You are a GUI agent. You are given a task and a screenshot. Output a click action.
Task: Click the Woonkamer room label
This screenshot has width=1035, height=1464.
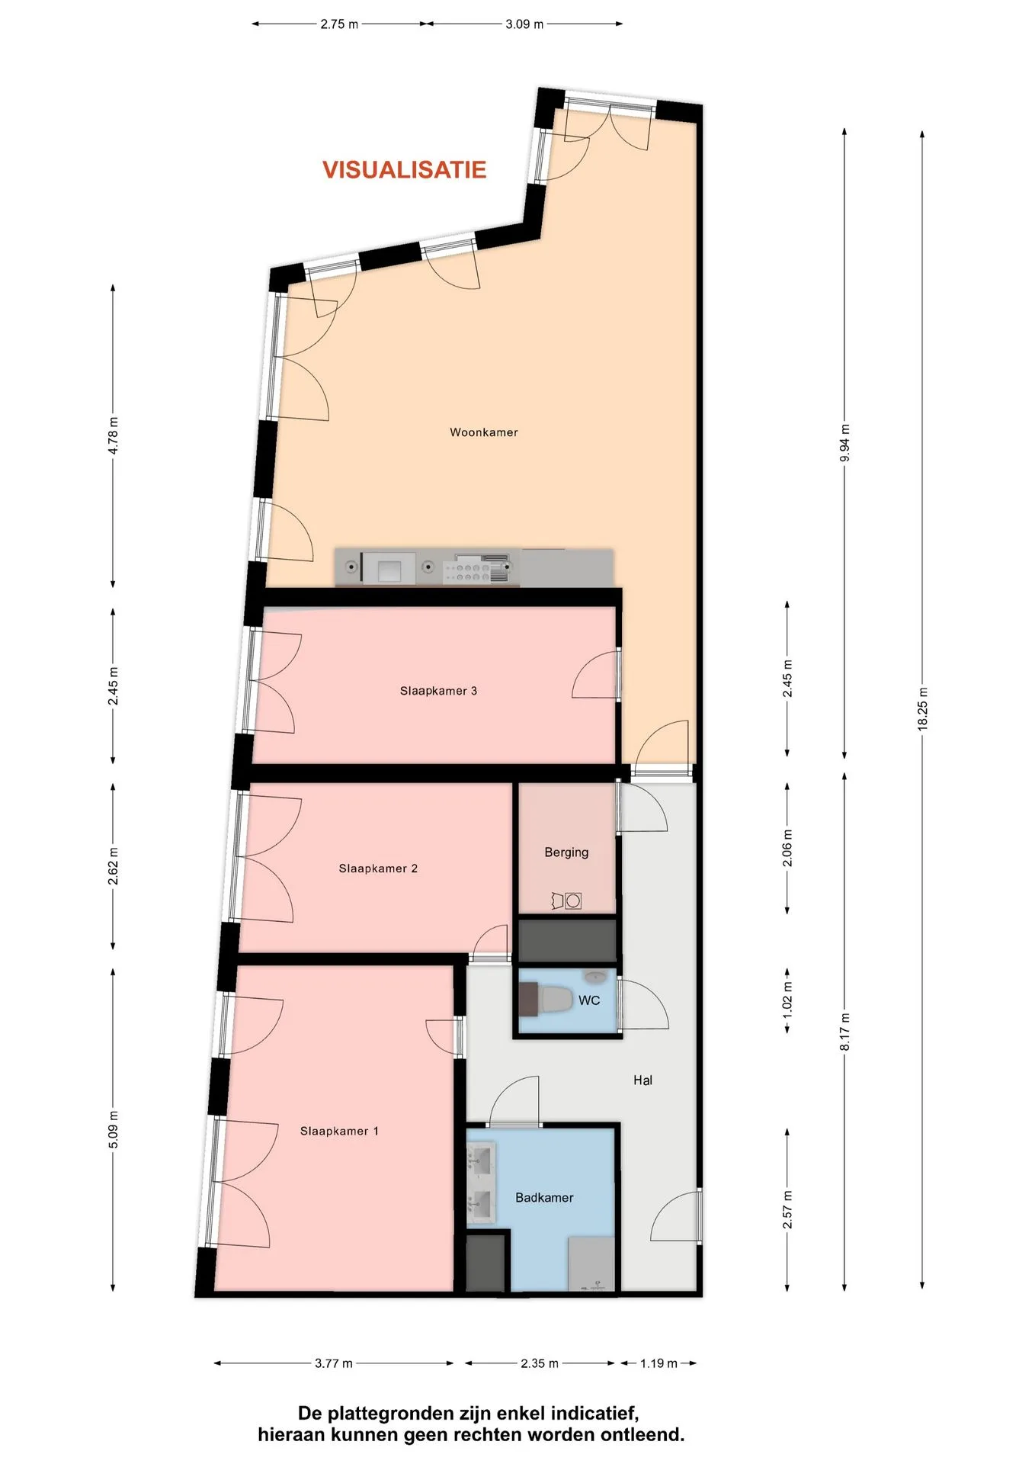[484, 432]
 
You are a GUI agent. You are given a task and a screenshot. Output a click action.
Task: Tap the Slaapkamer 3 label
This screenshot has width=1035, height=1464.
[438, 691]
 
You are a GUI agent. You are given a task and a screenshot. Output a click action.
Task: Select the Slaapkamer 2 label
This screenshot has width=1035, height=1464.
[378, 868]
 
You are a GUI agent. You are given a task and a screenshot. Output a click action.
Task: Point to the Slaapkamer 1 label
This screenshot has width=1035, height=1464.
[339, 1131]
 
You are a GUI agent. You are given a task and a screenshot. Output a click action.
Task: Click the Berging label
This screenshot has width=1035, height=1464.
[566, 852]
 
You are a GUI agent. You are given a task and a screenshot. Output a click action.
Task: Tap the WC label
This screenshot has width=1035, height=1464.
[589, 1000]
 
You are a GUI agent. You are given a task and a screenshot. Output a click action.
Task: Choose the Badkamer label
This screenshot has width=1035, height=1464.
[544, 1198]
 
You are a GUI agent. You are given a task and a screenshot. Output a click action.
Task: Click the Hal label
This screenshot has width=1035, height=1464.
[642, 1080]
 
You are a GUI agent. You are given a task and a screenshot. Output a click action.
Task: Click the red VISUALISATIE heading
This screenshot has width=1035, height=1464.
[404, 169]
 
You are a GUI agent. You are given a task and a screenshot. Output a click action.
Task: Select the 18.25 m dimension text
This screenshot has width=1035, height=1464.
[922, 709]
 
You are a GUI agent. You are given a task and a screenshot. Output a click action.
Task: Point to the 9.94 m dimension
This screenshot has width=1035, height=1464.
[844, 443]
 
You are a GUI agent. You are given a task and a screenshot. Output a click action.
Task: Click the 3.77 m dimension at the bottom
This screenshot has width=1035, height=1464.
[334, 1363]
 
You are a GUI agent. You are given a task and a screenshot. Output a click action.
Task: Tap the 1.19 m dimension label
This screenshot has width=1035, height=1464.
[658, 1363]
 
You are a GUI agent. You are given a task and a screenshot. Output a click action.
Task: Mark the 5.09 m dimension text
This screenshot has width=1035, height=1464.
[113, 1130]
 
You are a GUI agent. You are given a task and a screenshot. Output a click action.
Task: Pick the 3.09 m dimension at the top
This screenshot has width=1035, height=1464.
[524, 24]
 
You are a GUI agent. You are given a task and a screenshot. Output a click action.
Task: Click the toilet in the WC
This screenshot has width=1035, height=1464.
[556, 1000]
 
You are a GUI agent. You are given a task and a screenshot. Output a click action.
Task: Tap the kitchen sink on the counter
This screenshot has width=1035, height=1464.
[389, 568]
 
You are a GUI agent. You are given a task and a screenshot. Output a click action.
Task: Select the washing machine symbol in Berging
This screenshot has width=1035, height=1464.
[573, 901]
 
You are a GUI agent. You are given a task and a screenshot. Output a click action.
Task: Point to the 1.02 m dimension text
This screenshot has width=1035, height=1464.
[787, 1001]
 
